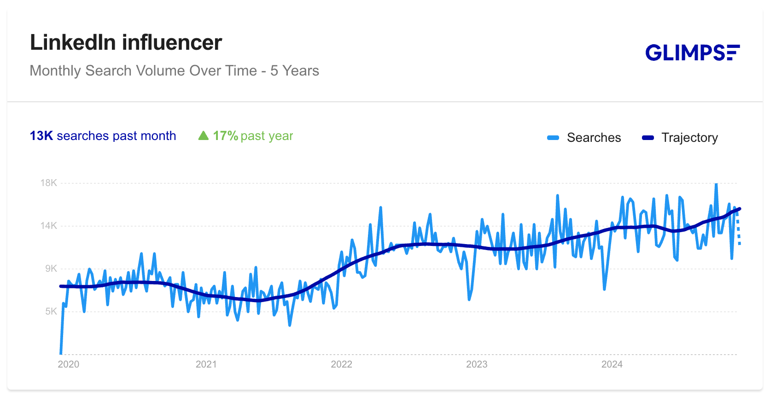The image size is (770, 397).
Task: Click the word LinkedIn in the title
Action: (73, 43)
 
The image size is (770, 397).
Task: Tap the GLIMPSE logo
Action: (692, 53)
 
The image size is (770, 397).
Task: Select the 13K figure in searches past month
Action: (41, 136)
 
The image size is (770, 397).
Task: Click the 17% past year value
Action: (225, 136)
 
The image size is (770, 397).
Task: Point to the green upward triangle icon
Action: (203, 136)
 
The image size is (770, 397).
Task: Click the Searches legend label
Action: (594, 138)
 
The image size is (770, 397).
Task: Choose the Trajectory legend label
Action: (689, 138)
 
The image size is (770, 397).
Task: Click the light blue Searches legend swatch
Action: (553, 138)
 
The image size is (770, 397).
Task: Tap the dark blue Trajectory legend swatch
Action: (648, 138)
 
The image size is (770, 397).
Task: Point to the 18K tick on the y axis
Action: (49, 183)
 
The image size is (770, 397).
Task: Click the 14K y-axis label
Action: (49, 226)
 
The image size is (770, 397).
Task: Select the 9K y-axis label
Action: (51, 269)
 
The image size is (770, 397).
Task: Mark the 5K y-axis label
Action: (51, 311)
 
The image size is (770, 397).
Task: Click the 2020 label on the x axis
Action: (69, 364)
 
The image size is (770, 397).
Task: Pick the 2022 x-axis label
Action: (341, 364)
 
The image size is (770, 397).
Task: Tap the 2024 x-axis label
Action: (612, 364)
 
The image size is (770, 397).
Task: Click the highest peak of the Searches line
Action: (716, 185)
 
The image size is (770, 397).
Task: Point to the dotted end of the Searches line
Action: (739, 230)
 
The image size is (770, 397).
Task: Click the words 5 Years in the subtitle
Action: (295, 71)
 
